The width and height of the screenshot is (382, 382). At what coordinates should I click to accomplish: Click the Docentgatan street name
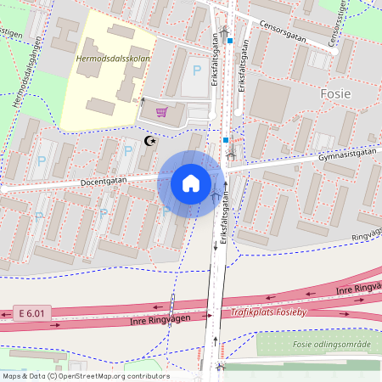tap(104, 182)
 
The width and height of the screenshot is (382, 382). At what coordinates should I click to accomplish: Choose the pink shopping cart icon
tap(160, 111)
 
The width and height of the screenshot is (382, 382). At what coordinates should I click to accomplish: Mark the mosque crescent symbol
tap(152, 141)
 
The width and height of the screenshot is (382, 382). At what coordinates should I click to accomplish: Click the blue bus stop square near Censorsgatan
tap(229, 39)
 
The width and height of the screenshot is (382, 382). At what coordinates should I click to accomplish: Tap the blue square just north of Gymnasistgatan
tap(226, 139)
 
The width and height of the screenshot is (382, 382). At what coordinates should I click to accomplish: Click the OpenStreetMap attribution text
tap(85, 375)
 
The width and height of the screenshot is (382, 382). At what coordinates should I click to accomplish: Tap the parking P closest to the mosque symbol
tap(128, 150)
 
